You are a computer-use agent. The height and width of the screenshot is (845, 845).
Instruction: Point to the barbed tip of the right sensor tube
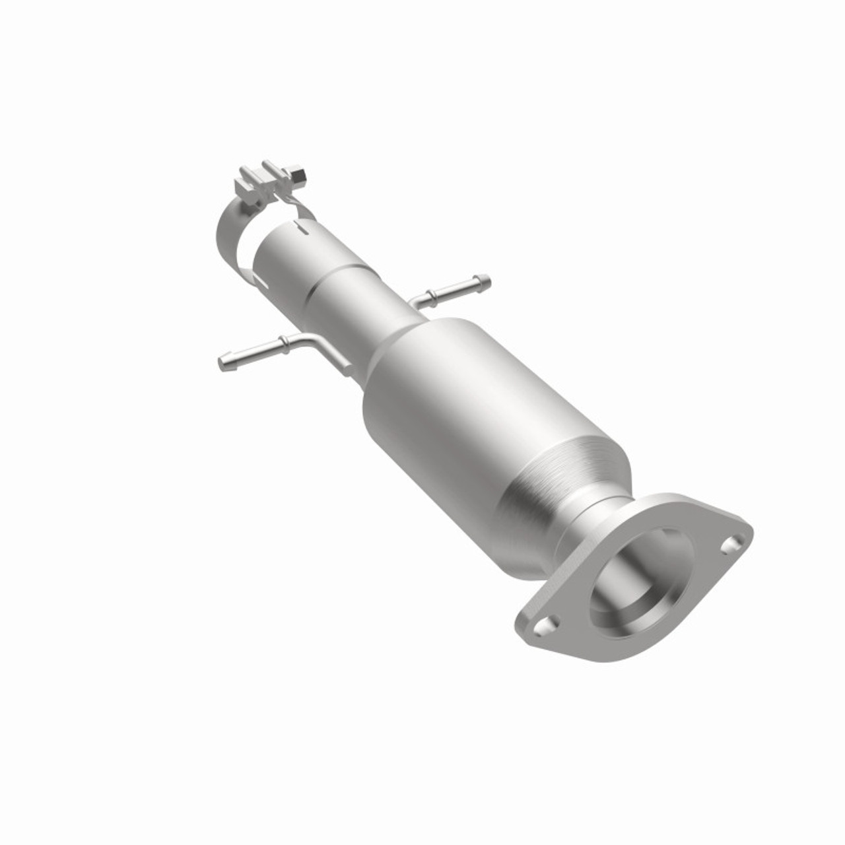tap(485, 281)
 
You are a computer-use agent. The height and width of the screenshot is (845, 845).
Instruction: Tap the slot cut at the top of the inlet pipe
tap(301, 231)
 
